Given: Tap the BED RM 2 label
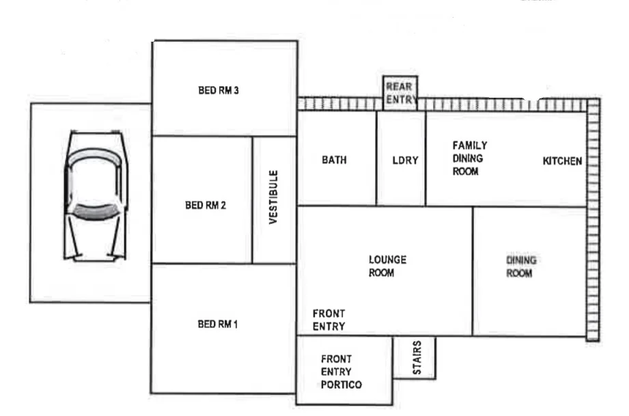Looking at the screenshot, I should pos(206,206).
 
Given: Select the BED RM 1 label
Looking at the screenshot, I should pos(217,324).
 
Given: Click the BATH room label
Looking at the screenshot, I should pos(334,161).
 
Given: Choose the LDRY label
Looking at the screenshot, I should pos(405,161).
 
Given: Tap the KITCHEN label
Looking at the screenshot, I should pos(562,161).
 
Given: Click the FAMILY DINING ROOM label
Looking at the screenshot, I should pos(470,159).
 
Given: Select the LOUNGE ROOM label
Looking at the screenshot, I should pos(387,266).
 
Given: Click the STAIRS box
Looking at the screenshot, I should pos(416,357).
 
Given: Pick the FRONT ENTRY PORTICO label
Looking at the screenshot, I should pos(341,372).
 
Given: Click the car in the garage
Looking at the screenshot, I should pos(95,196).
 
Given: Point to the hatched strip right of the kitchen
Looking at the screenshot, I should pos(593,219).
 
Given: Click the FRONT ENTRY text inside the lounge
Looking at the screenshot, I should pos(329,320).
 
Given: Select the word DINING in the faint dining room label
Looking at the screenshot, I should pos(521,260).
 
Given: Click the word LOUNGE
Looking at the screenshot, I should pos(387,260).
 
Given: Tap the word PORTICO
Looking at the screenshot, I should pos(341,385).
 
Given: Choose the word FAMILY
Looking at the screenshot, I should pos(470,145).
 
